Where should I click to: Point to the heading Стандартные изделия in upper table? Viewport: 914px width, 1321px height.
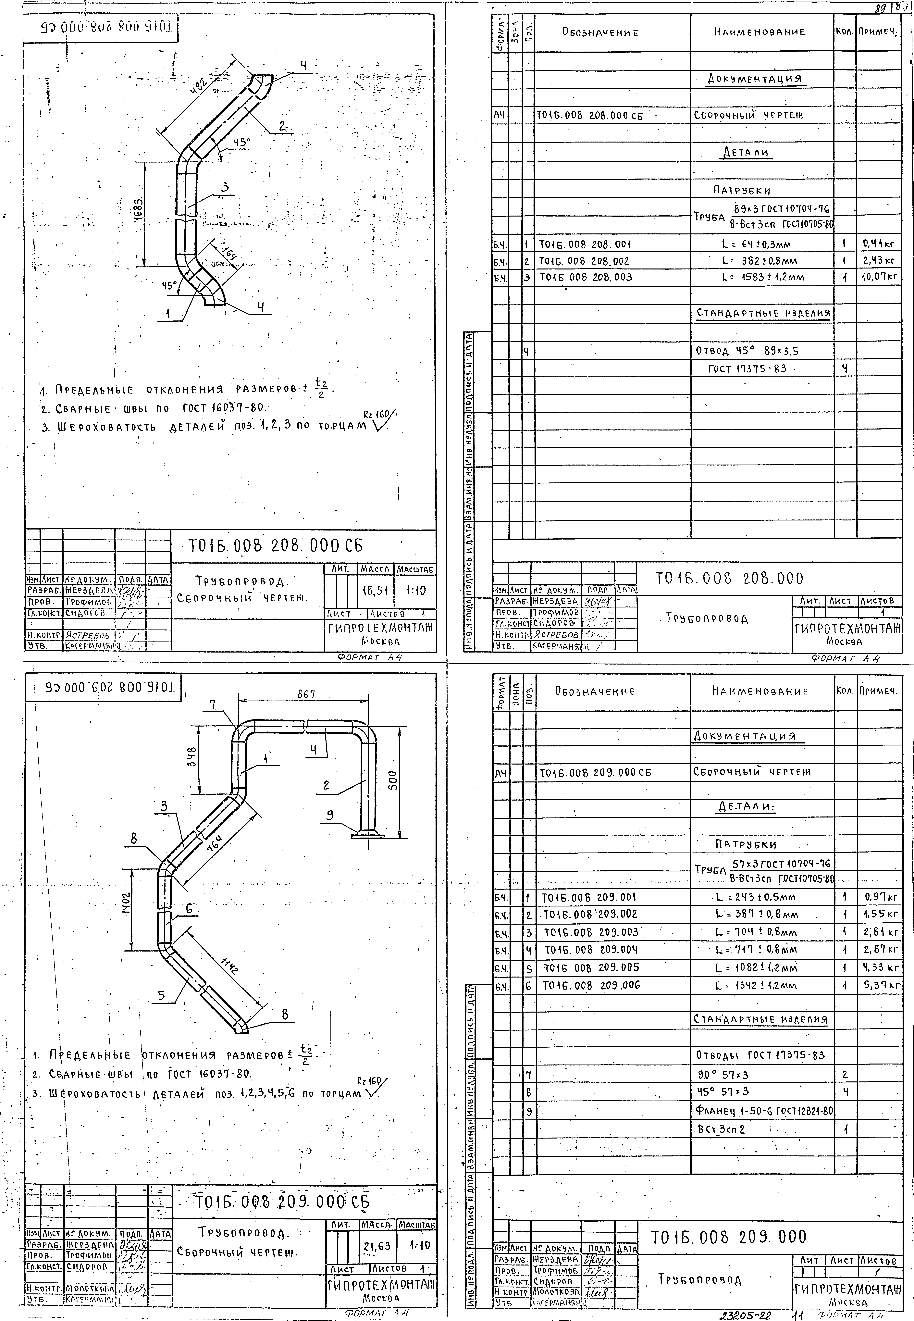click(763, 313)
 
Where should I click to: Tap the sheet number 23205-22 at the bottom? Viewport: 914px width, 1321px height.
click(746, 1315)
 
